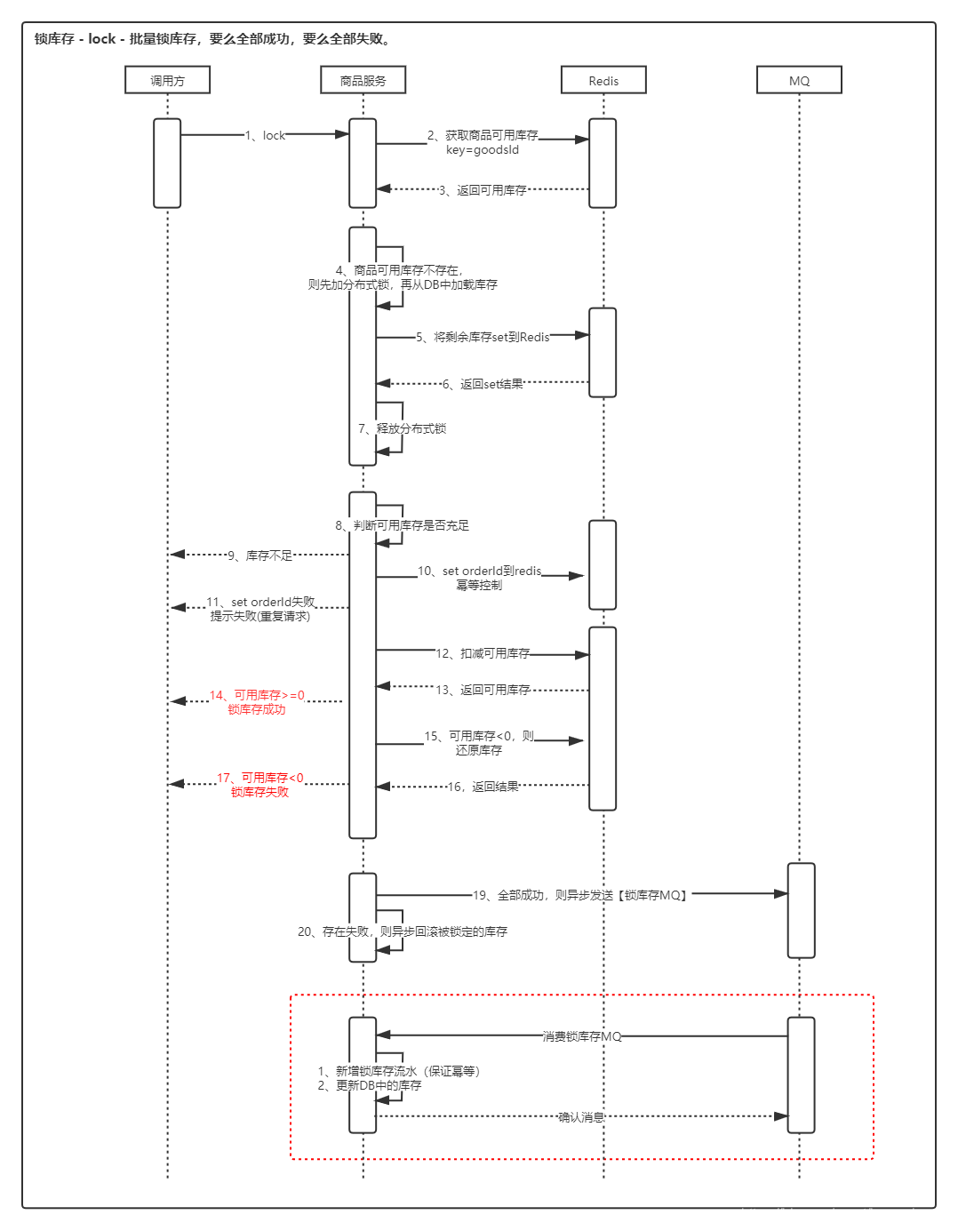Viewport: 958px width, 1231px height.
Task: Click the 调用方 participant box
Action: tap(167, 80)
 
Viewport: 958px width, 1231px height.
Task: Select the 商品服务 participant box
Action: tap(363, 80)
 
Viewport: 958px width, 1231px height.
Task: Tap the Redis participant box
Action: tap(603, 80)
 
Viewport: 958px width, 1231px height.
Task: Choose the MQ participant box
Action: tap(799, 80)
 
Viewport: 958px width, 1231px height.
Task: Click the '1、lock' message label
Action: tap(266, 135)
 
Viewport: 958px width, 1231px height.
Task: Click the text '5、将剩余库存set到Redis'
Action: tap(483, 337)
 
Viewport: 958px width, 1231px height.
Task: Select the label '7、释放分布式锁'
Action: tap(402, 428)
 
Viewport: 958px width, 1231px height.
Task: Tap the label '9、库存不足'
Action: tap(259, 556)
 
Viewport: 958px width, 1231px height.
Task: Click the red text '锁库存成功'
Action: tap(257, 709)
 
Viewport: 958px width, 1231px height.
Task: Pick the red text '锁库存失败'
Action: tap(259, 792)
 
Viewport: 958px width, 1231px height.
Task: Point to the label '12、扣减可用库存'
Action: tap(483, 653)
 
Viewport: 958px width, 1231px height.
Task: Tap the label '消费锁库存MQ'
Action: tap(582, 1036)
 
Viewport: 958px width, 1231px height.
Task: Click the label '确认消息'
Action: tap(581, 1117)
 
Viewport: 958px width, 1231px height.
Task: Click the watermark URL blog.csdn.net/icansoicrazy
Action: tap(844, 1214)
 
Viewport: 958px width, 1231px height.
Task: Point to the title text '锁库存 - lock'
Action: tap(76, 39)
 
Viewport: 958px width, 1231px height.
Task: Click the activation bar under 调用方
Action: tap(167, 163)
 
